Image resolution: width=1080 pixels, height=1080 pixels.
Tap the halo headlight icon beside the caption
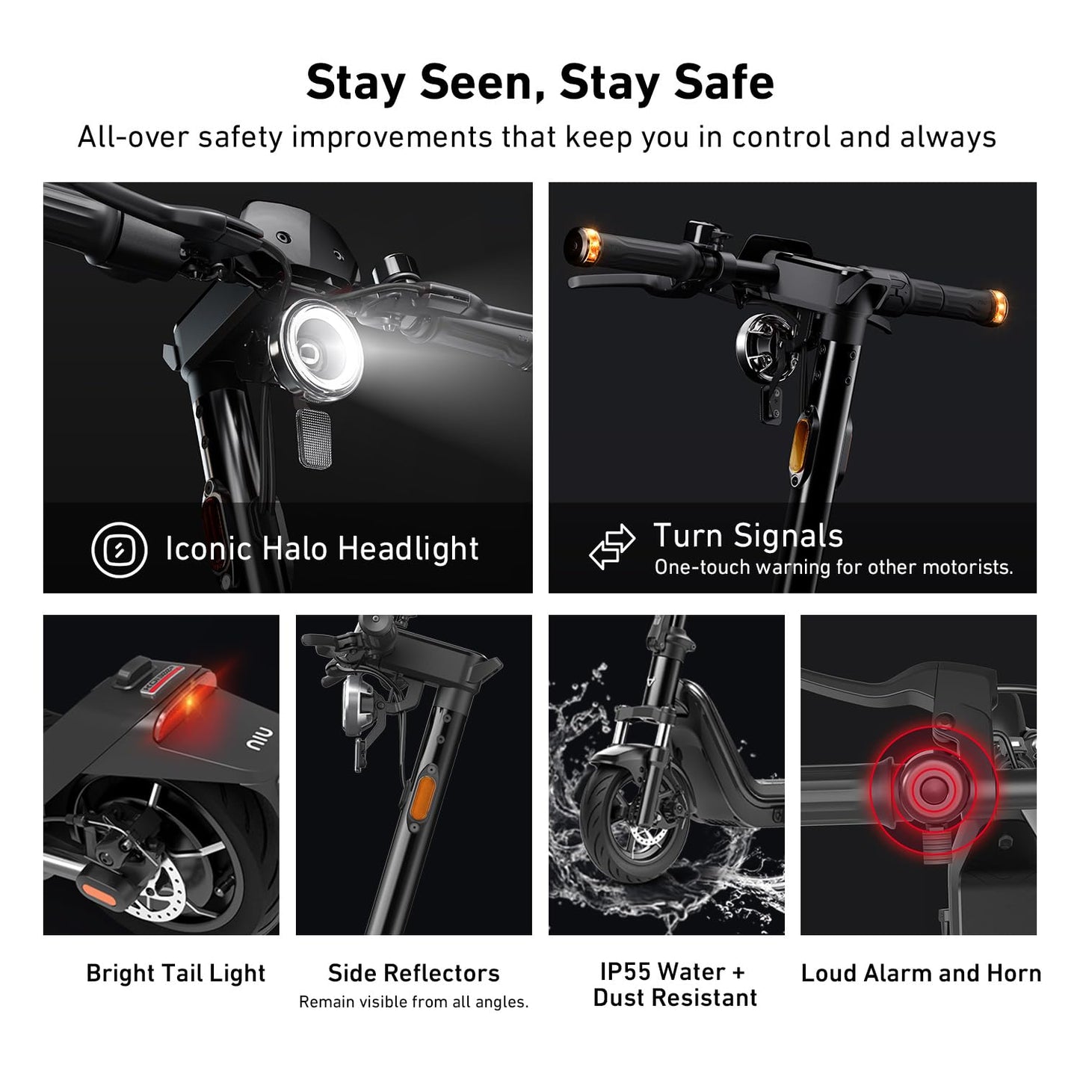pyautogui.click(x=120, y=549)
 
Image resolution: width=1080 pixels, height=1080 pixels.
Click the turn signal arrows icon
pyautogui.click(x=611, y=546)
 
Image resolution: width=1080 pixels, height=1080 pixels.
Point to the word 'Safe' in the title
pyautogui.click(x=723, y=82)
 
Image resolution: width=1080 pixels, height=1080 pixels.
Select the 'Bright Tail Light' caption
pyautogui.click(x=176, y=974)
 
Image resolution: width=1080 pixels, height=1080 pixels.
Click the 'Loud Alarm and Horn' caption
pyautogui.click(x=921, y=973)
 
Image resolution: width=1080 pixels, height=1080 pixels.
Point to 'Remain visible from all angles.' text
pyautogui.click(x=413, y=1002)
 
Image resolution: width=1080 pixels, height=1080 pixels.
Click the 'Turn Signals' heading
pyautogui.click(x=748, y=536)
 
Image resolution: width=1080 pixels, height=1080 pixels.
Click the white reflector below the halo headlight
pyautogui.click(x=313, y=438)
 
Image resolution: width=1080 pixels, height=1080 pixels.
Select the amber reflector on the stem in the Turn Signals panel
pyautogui.click(x=799, y=445)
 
